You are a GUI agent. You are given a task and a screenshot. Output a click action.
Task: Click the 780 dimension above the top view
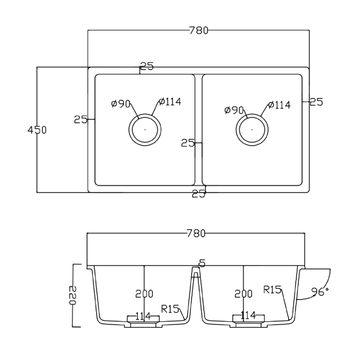coord(198,31)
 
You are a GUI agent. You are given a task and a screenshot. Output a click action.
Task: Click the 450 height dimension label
coord(37,130)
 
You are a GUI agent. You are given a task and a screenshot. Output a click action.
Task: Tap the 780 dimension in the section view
coord(196,234)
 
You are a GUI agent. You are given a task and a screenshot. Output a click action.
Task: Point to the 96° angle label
coord(320,292)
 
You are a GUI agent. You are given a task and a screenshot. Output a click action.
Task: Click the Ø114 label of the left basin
coord(170,102)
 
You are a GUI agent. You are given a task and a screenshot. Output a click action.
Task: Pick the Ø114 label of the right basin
coord(279,105)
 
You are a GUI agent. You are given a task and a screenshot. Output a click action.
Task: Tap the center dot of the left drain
coord(145,129)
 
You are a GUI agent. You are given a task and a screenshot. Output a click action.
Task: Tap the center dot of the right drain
coord(252,129)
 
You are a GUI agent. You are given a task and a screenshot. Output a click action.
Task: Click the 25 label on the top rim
coord(147,67)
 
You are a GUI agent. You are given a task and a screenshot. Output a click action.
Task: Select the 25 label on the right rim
coord(316,102)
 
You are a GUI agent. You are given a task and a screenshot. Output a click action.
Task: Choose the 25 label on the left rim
coord(81,120)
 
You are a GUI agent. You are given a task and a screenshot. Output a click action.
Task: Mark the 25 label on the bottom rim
coord(199,194)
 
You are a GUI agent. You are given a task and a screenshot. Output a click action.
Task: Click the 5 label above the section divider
coord(202,264)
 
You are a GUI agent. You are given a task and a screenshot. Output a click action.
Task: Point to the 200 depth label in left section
coord(144,294)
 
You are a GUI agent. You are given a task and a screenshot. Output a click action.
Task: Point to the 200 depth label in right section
coord(243,294)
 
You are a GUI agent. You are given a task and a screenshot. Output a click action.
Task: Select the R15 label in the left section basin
coord(170,308)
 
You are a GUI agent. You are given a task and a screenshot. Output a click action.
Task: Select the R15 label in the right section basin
coord(272,290)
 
